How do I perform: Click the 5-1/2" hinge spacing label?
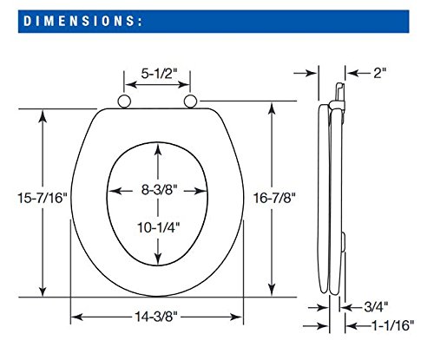[159, 74]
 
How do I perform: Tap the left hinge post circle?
[124, 101]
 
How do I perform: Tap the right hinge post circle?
[190, 101]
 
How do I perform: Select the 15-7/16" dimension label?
[43, 198]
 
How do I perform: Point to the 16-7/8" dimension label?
[274, 198]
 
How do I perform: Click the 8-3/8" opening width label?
[159, 190]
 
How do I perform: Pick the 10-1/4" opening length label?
[158, 227]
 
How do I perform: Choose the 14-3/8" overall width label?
[156, 317]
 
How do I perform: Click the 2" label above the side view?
[380, 73]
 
